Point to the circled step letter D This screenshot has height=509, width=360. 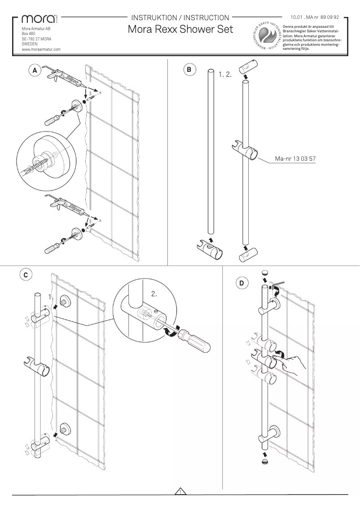coord(241,283)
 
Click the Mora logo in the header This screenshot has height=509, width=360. coord(36,19)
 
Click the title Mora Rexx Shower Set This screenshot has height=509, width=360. coord(180,29)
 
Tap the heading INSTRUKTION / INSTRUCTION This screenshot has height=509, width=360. coord(180,18)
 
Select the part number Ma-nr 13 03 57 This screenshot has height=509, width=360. coord(294,158)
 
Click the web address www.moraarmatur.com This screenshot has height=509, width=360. coord(41,49)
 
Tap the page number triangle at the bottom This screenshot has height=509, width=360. coord(180,491)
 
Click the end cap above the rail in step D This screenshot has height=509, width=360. coord(264,272)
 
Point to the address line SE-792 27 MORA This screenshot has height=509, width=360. coord(36,39)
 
